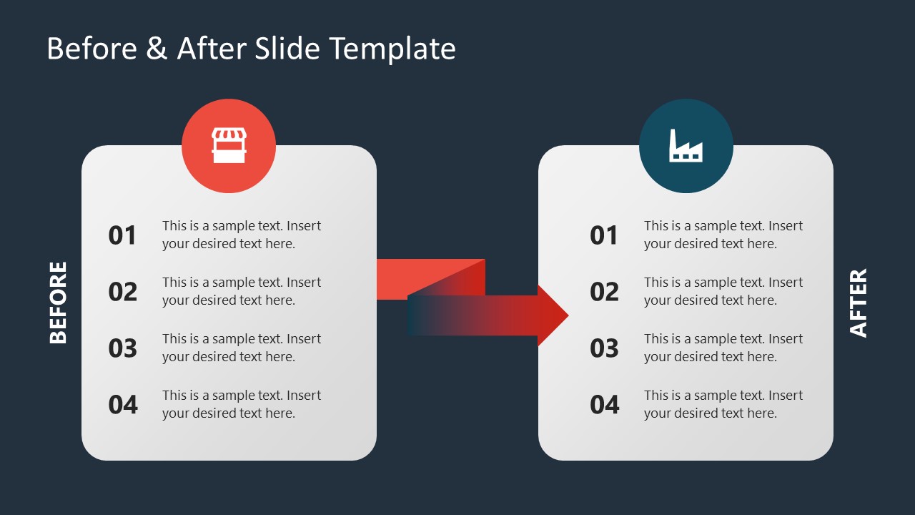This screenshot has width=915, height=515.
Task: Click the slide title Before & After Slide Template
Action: (251, 49)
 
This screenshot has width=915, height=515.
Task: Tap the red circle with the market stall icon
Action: (229, 146)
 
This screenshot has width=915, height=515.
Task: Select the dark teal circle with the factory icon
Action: (686, 146)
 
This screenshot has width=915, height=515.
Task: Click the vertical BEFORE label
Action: (58, 302)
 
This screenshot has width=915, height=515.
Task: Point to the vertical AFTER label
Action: (858, 302)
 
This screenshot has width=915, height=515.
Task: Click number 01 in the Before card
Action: (122, 235)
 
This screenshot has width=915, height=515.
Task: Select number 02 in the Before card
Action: (122, 292)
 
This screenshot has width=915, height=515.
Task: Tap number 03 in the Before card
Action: (122, 348)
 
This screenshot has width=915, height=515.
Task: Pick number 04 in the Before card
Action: (122, 405)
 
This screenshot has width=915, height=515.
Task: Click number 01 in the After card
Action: (604, 235)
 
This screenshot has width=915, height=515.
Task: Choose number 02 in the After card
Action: (604, 292)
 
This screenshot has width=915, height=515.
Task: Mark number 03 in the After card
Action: (604, 348)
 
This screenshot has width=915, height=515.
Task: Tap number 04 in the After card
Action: (604, 405)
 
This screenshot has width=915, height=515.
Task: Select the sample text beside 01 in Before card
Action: (242, 235)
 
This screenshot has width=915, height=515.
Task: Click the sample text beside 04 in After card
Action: (723, 404)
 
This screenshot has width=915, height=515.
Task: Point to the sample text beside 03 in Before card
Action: (242, 348)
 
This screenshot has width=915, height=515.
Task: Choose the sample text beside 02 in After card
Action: (723, 291)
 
